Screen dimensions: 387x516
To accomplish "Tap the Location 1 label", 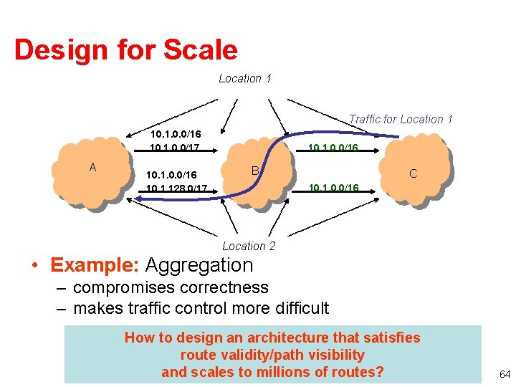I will pyautogui.click(x=245, y=78).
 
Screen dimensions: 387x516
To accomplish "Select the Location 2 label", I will pyautogui.click(x=249, y=246).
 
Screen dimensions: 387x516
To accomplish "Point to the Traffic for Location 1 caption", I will pyautogui.click(x=401, y=119).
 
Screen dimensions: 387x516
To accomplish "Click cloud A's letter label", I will pyautogui.click(x=92, y=167).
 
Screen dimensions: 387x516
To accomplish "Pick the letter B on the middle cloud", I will pyautogui.click(x=254, y=171).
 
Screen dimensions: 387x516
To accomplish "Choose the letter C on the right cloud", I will pyautogui.click(x=413, y=173).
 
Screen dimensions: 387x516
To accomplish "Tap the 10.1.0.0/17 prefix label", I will pyautogui.click(x=175, y=148).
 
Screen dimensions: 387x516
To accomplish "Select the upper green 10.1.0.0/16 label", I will pyautogui.click(x=333, y=148).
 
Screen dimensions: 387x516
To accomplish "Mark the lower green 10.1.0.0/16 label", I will pyautogui.click(x=333, y=188).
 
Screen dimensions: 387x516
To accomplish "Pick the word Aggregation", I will pyautogui.click(x=199, y=265).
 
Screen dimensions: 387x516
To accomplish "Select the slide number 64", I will pyautogui.click(x=505, y=374).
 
